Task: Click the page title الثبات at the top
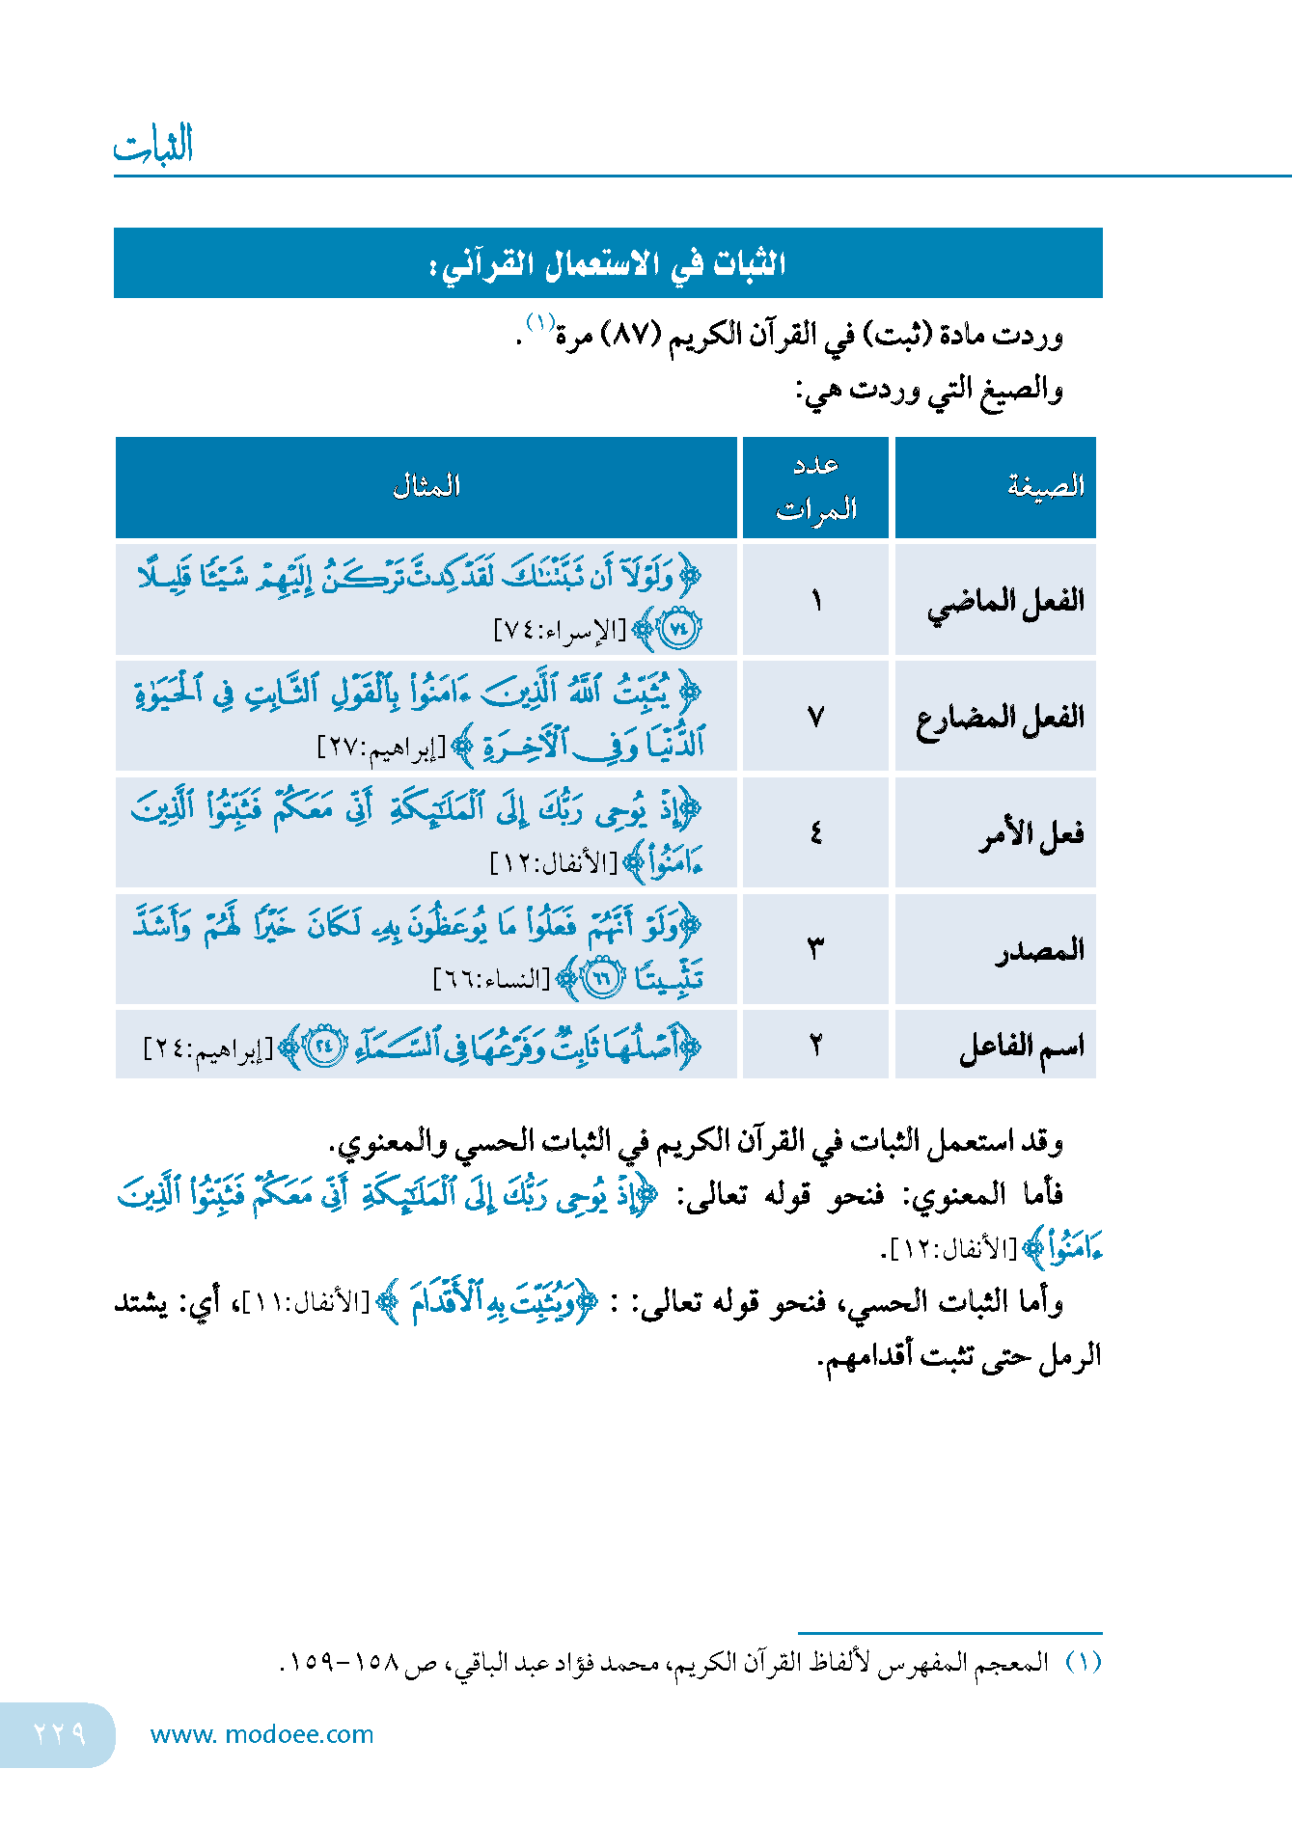pyautogui.click(x=153, y=145)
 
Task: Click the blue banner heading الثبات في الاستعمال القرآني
pyautogui.click(x=608, y=263)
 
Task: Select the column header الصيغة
pyautogui.click(x=1046, y=486)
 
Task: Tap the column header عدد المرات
pyautogui.click(x=816, y=487)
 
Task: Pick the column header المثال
pyautogui.click(x=426, y=486)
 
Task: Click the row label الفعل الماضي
pyautogui.click(x=1005, y=602)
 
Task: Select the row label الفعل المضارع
pyautogui.click(x=1000, y=718)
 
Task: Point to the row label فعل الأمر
pyautogui.click(x=1031, y=833)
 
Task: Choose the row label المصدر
pyautogui.click(x=1040, y=950)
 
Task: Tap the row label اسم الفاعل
pyautogui.click(x=1022, y=1047)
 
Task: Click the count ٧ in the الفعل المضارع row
pyautogui.click(x=816, y=718)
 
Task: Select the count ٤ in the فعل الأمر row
pyautogui.click(x=816, y=833)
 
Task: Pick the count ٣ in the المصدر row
pyautogui.click(x=816, y=950)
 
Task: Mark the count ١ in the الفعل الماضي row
pyautogui.click(x=816, y=602)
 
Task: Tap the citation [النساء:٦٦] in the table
pyautogui.click(x=491, y=980)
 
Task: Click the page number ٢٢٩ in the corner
pyautogui.click(x=60, y=1733)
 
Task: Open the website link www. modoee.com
pyautogui.click(x=261, y=1734)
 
